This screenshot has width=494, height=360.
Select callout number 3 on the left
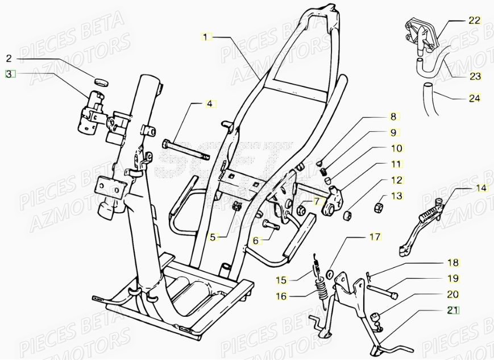pyautogui.click(x=9, y=73)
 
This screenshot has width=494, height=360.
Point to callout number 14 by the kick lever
pyautogui.click(x=481, y=188)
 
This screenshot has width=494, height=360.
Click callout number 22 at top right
pyautogui.click(x=475, y=20)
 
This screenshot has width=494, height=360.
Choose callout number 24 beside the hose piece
pyautogui.click(x=475, y=98)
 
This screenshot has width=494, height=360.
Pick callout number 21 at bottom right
pyautogui.click(x=453, y=310)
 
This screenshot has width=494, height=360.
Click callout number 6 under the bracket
pyautogui.click(x=256, y=241)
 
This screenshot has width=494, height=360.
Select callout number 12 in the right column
pyautogui.click(x=396, y=180)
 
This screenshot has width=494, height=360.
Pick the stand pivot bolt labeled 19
pyautogui.click(x=382, y=291)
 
